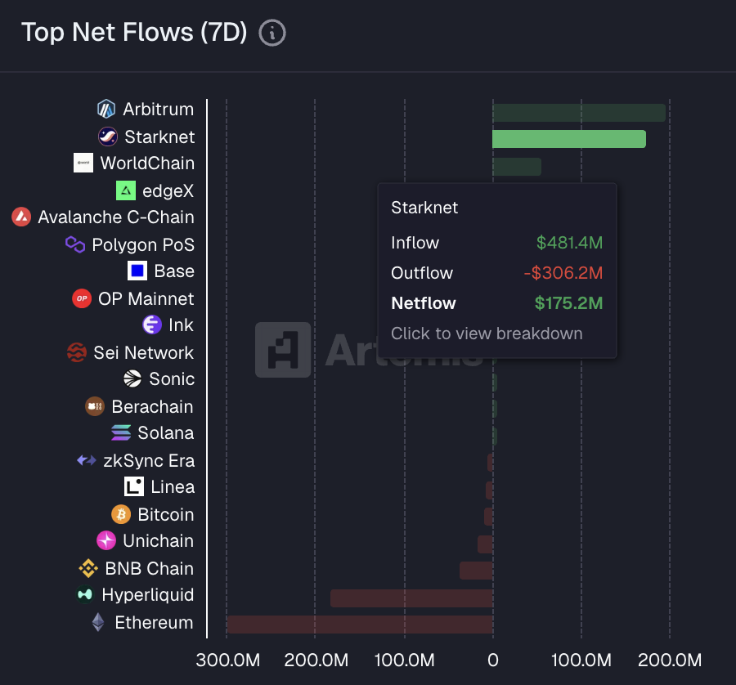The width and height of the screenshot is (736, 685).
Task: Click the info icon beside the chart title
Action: pyautogui.click(x=272, y=33)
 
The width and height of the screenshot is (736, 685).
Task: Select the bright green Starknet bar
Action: pyautogui.click(x=568, y=139)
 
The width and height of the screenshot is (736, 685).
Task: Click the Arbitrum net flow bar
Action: pyautogui.click(x=578, y=112)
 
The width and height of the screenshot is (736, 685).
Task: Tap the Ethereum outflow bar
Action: pyautogui.click(x=360, y=625)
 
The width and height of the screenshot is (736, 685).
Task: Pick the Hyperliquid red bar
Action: pyautogui.click(x=411, y=598)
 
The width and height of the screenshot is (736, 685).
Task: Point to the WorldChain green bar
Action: pyautogui.click(x=516, y=166)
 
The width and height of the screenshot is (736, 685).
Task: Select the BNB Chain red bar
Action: pyautogui.click(x=476, y=571)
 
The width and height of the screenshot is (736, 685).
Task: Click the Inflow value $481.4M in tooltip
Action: pyautogui.click(x=569, y=243)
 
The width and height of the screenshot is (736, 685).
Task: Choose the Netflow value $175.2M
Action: pyautogui.click(x=568, y=303)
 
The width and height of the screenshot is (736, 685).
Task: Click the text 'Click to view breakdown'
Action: pyautogui.click(x=487, y=334)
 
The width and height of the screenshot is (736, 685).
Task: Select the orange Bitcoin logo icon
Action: pyautogui.click(x=121, y=514)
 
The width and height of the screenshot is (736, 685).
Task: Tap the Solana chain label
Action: pyautogui.click(x=166, y=433)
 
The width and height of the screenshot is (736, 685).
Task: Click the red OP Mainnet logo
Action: pyautogui.click(x=82, y=298)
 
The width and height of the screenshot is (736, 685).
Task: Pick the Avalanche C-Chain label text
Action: pyautogui.click(x=116, y=217)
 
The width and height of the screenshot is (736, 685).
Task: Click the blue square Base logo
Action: pyautogui.click(x=137, y=271)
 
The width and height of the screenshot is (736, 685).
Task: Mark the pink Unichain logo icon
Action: pyautogui.click(x=106, y=541)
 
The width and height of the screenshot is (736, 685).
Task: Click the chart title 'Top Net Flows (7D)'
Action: pyautogui.click(x=134, y=33)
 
